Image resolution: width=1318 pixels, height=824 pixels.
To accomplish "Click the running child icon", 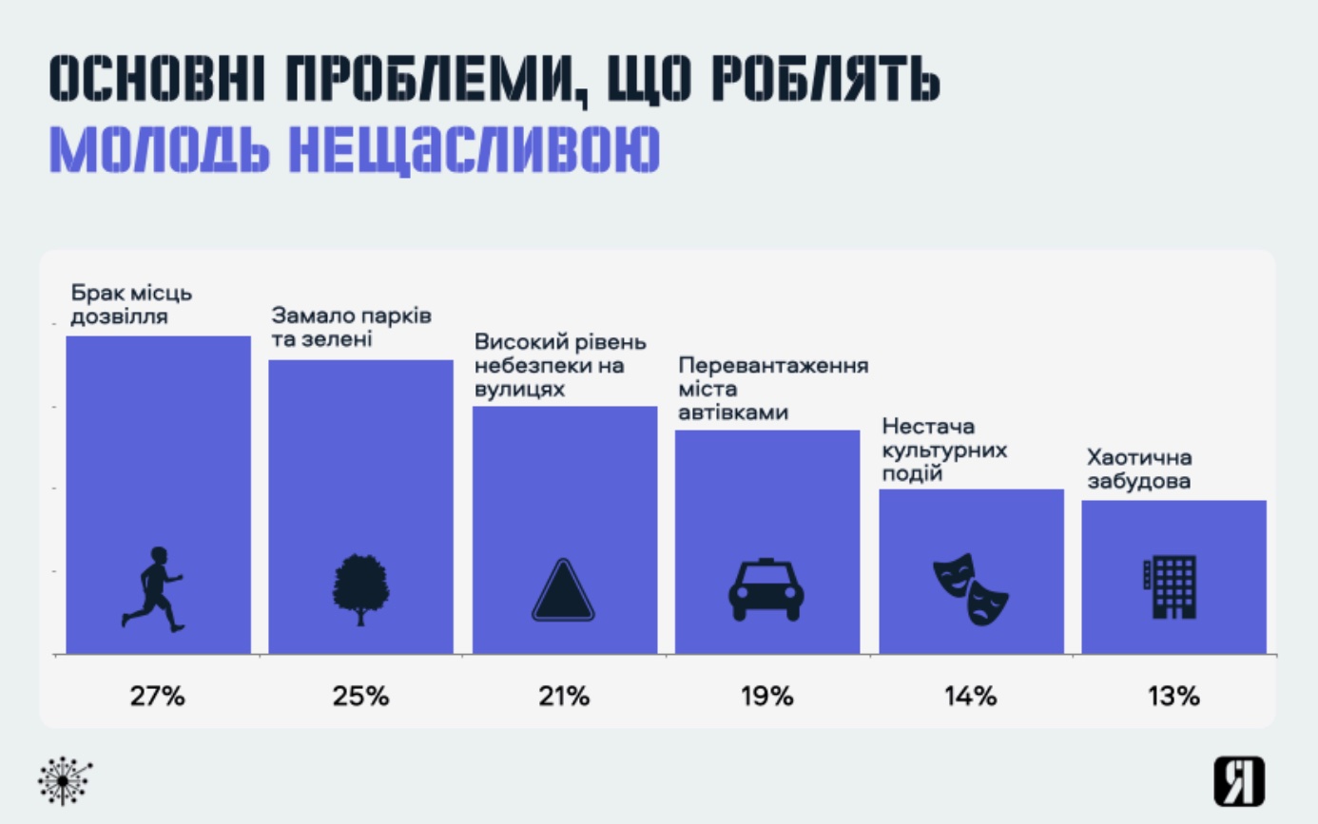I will (152, 588).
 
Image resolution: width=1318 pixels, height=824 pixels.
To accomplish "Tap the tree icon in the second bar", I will (360, 589).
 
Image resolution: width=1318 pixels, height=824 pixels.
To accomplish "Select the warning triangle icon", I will (564, 591).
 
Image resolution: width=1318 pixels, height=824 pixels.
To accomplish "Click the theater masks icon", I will (970, 588).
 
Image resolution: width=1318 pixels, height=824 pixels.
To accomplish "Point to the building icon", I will (1169, 587).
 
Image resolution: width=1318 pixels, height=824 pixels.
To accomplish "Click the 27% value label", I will (157, 696).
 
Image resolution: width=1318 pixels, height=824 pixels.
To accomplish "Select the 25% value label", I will (360, 696).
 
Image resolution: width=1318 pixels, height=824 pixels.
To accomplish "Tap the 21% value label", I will (564, 696).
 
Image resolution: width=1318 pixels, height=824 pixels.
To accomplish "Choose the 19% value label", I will (766, 696).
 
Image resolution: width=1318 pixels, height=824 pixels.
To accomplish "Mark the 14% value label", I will (970, 696).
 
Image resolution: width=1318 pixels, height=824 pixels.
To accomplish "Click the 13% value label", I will (1173, 696).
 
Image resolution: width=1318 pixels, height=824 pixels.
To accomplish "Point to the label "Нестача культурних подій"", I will (944, 449).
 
